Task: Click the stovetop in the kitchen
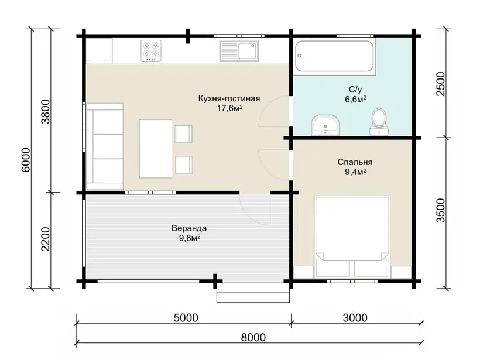[151, 51]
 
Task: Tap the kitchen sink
[239, 51]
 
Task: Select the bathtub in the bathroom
[334, 56]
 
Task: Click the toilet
[379, 122]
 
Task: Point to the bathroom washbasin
[325, 125]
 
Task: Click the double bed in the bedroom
[352, 236]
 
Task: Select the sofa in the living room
[105, 146]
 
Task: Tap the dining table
[156, 149]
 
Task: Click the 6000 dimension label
[26, 160]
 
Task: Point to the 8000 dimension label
[253, 337]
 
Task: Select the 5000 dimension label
[186, 318]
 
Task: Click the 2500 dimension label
[441, 84]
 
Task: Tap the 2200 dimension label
[45, 239]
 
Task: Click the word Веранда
[189, 228]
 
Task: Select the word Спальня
[355, 162]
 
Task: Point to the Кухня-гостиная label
[229, 98]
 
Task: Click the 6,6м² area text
[356, 99]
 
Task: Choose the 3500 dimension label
[441, 211]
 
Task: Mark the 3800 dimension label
[45, 111]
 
